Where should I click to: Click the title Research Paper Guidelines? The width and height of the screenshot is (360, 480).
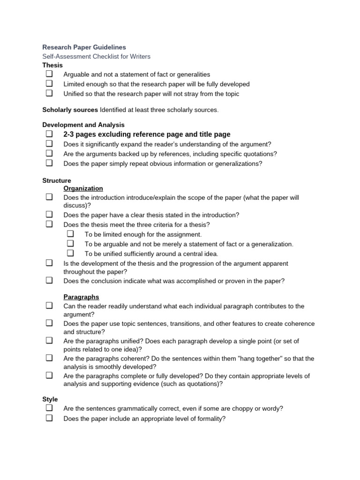click(x=84, y=47)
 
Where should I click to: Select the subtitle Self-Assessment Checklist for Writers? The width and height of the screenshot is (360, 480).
click(x=96, y=57)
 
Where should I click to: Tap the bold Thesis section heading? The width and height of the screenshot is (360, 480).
click(x=52, y=65)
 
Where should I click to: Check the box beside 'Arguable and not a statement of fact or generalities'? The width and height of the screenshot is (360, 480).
click(x=49, y=74)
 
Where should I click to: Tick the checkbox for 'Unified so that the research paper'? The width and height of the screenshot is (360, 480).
click(x=49, y=93)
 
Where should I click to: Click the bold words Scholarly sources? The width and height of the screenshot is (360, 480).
click(x=70, y=110)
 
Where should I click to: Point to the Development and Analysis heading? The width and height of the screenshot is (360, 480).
click(x=83, y=125)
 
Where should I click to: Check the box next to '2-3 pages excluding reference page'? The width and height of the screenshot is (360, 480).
click(x=49, y=134)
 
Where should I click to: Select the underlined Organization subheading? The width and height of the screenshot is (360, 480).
click(x=83, y=188)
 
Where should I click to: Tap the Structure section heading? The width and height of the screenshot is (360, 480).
click(x=57, y=180)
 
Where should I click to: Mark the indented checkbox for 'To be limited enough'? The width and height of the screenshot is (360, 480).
click(x=70, y=234)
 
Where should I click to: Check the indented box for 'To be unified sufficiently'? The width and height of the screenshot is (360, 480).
click(x=70, y=253)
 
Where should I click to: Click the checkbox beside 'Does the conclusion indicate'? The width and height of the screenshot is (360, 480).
click(x=49, y=281)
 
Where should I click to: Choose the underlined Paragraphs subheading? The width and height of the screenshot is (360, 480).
click(x=81, y=297)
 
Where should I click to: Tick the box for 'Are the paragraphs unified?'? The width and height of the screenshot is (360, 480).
click(x=49, y=341)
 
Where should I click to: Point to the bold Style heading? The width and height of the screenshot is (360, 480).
click(x=50, y=399)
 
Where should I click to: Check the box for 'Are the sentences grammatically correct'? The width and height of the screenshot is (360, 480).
click(x=49, y=408)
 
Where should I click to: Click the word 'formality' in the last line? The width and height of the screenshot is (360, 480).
click(x=209, y=419)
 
